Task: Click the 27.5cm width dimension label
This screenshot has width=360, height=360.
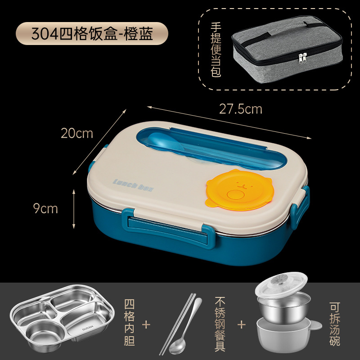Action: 240,109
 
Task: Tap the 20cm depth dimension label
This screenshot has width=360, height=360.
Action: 78,133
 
